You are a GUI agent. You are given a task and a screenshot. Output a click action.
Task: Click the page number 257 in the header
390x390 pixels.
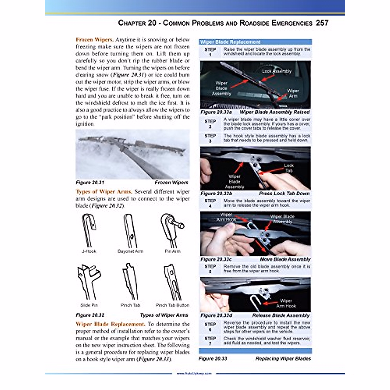tap(322, 23)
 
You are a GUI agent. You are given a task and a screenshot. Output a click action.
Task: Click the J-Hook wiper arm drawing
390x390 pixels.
tap(89, 230)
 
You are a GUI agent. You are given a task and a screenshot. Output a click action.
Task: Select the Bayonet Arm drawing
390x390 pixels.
tap(130, 230)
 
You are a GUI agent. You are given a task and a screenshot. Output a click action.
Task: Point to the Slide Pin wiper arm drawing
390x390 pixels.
tap(87, 281)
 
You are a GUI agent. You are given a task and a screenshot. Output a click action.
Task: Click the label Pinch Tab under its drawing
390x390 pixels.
tap(130, 305)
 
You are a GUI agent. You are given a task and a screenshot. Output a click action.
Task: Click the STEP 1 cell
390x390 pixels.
tap(210, 52)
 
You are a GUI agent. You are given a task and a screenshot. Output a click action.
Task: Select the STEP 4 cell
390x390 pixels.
tap(210, 203)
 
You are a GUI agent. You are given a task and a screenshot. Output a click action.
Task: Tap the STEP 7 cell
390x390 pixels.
tap(210, 341)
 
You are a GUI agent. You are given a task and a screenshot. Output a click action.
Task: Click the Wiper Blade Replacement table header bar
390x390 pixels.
tap(255, 42)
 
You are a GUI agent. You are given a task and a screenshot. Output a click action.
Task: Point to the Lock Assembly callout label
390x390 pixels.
tap(277, 71)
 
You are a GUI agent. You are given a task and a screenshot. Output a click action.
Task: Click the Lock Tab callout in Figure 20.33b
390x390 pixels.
tap(289, 168)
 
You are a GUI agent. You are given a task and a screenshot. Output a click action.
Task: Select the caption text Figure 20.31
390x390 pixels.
tap(90, 183)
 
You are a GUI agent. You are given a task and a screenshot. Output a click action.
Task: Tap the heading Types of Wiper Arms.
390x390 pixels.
tap(104, 192)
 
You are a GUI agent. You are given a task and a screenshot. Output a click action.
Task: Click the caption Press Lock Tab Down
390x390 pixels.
tap(284, 193)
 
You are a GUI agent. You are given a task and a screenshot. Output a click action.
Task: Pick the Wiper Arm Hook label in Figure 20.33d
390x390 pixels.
tap(286, 303)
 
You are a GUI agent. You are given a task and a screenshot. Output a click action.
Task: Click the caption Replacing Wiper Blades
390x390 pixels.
tap(283, 359)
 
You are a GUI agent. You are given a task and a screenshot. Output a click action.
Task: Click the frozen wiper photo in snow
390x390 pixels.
tap(133, 154)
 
